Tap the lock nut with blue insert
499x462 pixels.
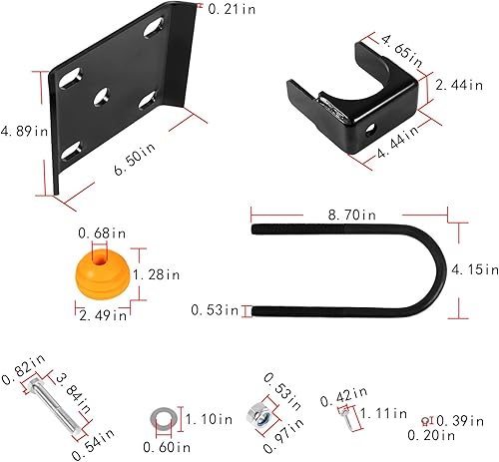[256, 413]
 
